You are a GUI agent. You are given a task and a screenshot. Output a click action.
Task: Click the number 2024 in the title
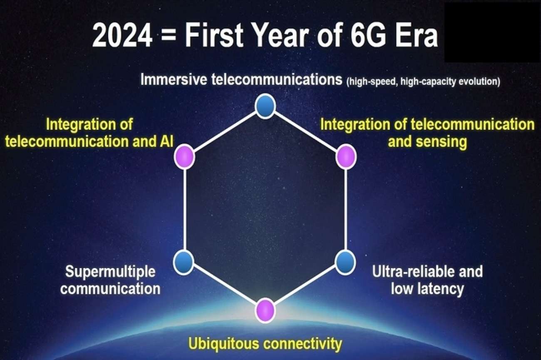click(122, 35)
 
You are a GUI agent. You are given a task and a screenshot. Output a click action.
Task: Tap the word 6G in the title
click(369, 35)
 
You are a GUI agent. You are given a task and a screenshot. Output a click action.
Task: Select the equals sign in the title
click(169, 36)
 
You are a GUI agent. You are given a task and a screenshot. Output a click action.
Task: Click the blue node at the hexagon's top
click(265, 106)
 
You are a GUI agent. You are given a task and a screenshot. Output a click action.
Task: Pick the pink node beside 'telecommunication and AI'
click(184, 156)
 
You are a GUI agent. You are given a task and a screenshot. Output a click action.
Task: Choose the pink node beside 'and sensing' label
click(346, 156)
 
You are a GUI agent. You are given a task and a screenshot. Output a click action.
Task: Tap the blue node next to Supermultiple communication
click(184, 263)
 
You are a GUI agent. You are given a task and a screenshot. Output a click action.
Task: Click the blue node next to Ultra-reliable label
click(345, 263)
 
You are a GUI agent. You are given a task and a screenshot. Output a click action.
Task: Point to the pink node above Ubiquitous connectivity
click(265, 310)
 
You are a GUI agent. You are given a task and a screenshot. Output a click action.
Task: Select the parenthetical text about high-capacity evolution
click(423, 82)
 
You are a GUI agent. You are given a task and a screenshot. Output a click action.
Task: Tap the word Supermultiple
click(110, 272)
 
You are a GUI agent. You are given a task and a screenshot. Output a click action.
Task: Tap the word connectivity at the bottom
click(303, 344)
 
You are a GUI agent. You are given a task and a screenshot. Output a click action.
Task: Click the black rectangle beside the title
click(492, 32)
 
